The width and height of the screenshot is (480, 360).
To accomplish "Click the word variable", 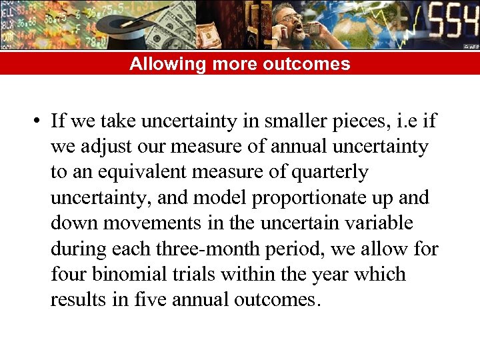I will click(377, 223).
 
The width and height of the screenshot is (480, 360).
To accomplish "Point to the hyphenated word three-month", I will click(205, 249).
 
